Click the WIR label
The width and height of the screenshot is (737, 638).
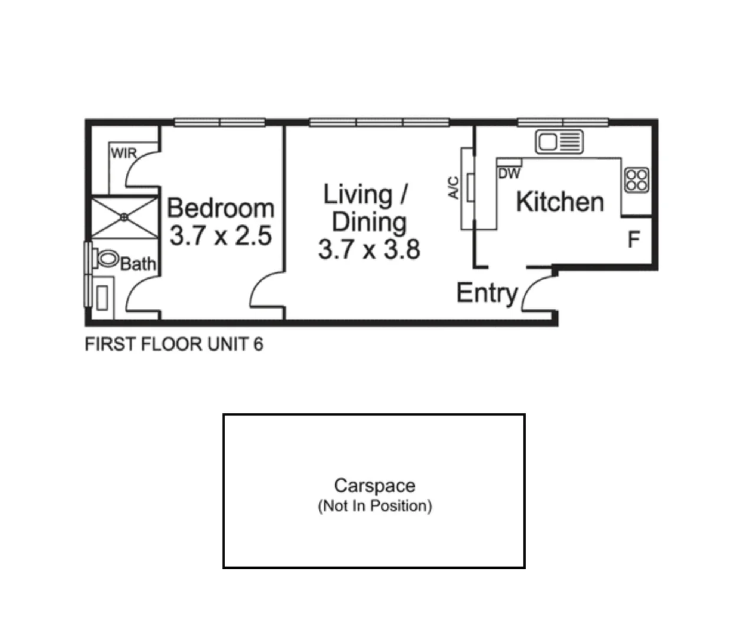123,153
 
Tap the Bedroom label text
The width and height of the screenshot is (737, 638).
220,208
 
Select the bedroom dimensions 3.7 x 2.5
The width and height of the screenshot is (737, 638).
220,236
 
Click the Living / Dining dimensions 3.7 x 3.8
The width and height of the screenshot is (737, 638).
368,249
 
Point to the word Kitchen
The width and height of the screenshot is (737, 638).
559,202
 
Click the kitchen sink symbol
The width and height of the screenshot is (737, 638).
559,142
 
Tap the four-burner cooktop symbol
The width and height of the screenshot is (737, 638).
637,180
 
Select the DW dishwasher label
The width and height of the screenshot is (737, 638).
509,174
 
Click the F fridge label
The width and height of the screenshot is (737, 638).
633,240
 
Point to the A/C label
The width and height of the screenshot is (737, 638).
454,188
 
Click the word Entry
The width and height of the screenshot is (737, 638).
487,293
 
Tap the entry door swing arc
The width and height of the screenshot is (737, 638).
531,289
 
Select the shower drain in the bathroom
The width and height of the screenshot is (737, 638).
124,217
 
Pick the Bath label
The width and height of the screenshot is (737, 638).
138,263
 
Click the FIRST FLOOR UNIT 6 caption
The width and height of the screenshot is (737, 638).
174,344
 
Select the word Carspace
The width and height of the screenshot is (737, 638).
374,486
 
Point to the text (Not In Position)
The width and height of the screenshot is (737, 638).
374,506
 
